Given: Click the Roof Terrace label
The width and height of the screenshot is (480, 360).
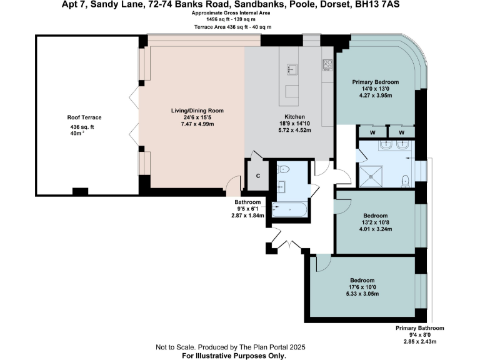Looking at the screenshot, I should point(84,117).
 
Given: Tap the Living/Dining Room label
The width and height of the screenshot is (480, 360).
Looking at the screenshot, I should point(197,111).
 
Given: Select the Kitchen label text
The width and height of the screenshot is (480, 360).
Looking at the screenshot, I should point(294,117).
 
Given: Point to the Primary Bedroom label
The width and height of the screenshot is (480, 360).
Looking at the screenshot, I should point(375,82).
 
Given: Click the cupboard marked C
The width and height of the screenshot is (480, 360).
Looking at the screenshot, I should point(258,176).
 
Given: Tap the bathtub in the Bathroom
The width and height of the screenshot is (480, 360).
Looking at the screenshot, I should point(289,210).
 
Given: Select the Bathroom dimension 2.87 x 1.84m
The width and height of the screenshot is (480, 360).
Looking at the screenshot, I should point(248,216).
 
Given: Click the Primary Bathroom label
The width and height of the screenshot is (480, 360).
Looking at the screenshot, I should point(420,328).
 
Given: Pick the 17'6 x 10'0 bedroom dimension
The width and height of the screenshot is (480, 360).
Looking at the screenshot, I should point(362,287).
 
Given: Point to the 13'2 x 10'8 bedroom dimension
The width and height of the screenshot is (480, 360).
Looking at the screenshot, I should point(376,222).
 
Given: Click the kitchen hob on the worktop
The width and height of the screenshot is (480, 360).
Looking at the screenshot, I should point(326,64).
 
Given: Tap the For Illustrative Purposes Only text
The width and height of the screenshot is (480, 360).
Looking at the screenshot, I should point(234,355).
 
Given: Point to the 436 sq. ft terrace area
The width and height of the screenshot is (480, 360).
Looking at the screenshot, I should point(82,127).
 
